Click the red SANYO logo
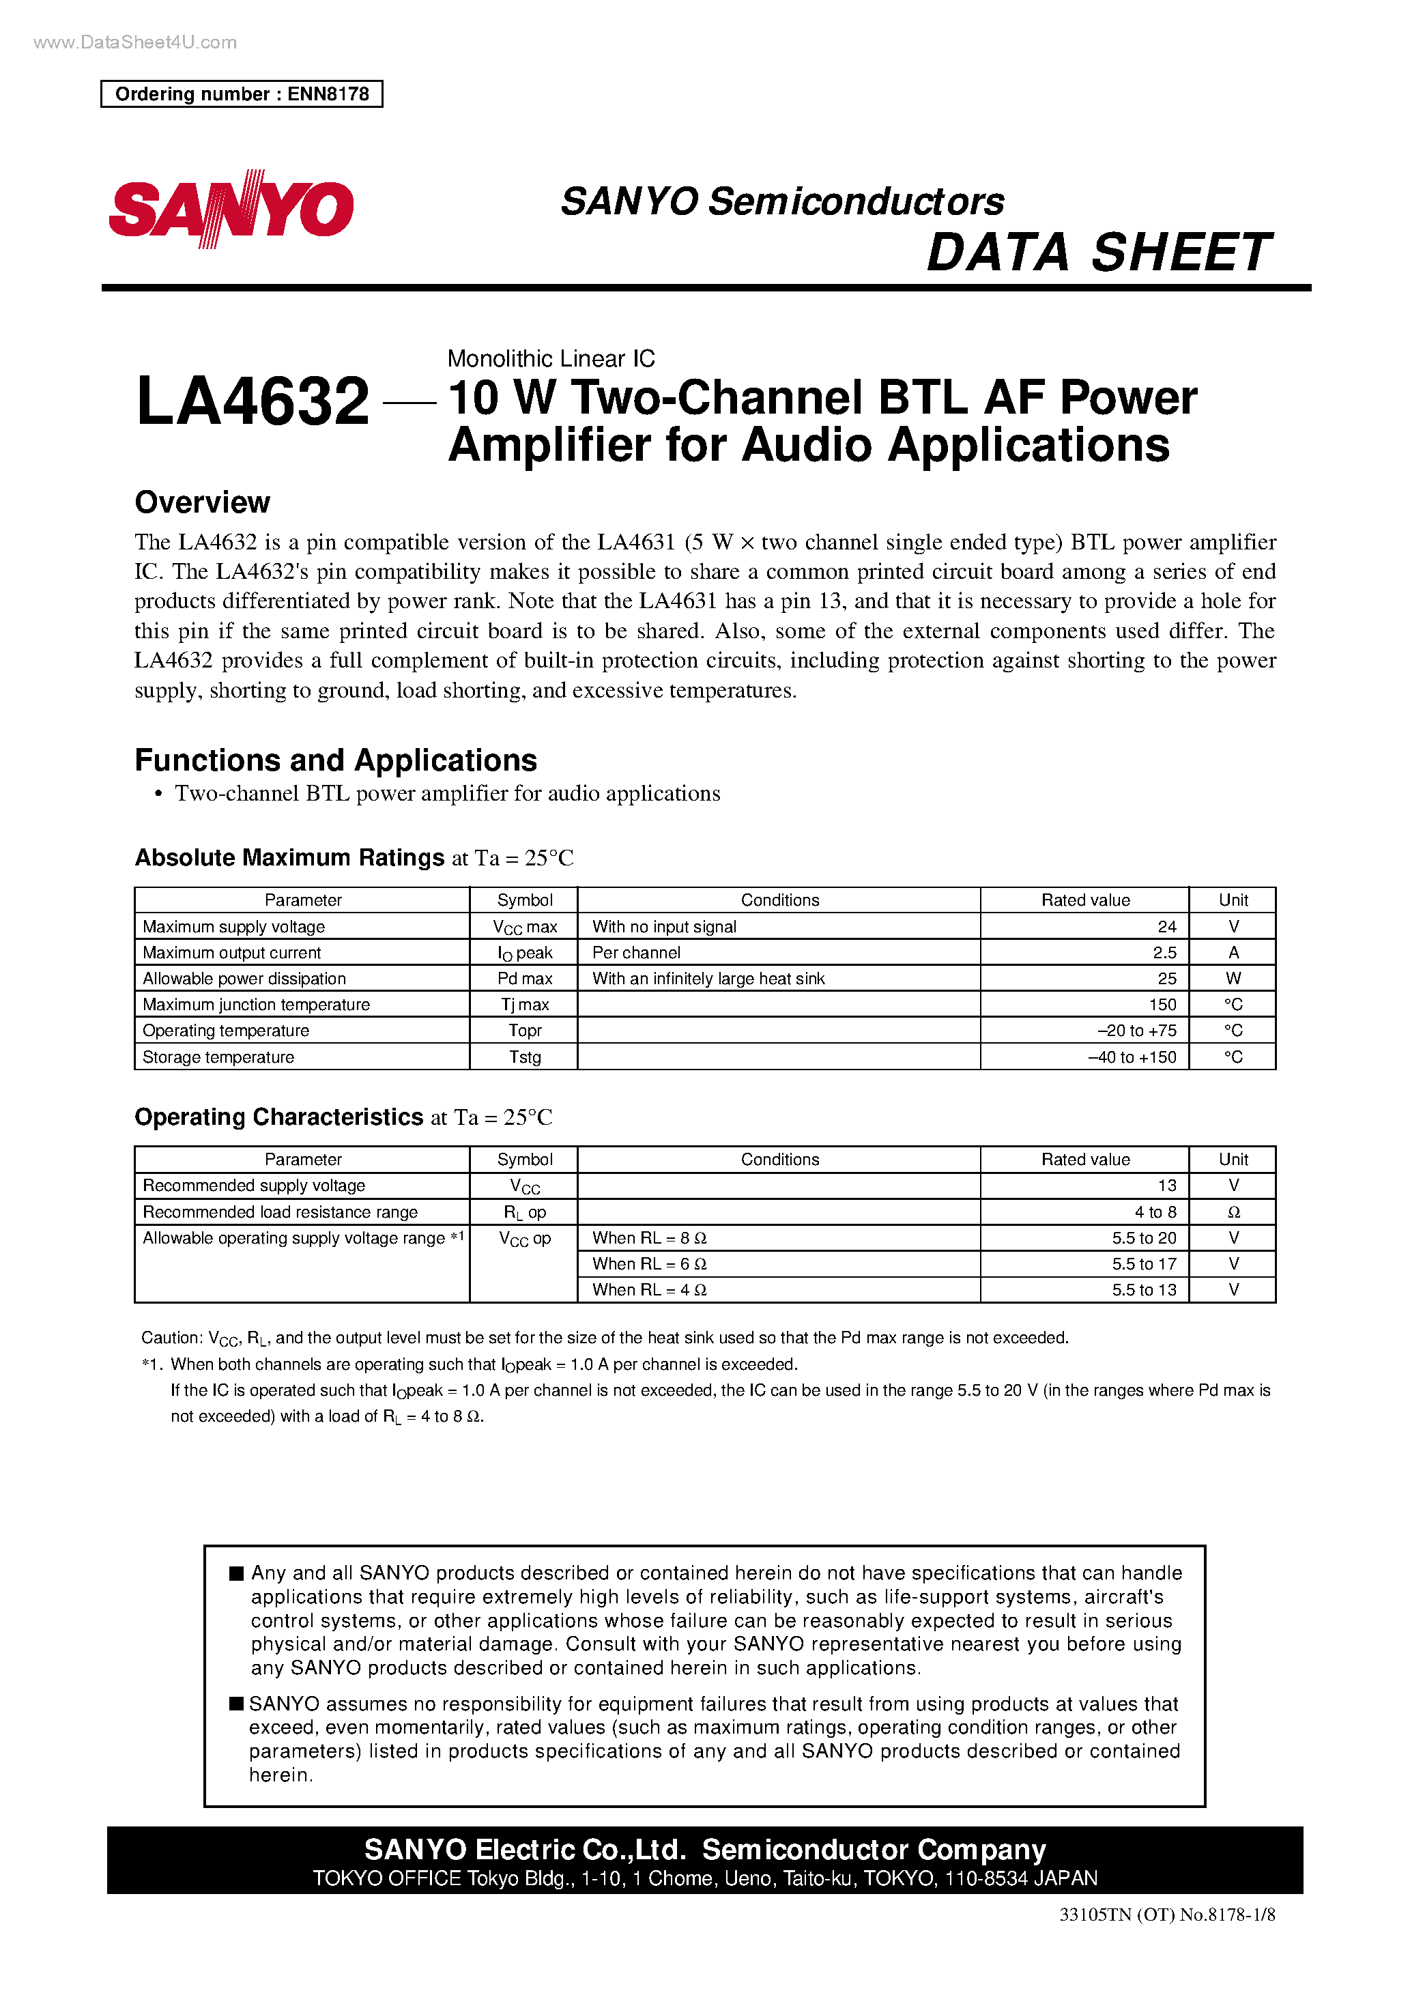231,209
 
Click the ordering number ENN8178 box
242,94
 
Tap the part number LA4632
253,401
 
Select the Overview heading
202,502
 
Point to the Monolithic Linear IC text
551,358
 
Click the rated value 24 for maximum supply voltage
1166,926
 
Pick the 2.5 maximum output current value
1164,952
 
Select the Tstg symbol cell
524,1057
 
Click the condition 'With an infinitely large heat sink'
708,978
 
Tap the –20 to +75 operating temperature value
1136,1031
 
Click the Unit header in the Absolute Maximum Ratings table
1233,900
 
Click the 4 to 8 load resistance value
1155,1211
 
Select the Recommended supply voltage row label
253,1186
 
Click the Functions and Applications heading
335,760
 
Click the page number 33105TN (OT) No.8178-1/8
1166,1939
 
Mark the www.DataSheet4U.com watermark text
134,42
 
